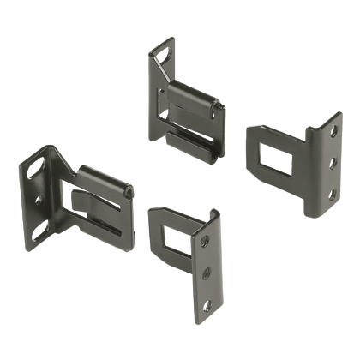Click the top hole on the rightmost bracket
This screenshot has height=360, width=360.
[x=333, y=132]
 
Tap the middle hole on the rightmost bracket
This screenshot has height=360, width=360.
[x=332, y=163]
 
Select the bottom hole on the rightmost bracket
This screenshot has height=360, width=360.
[x=331, y=194]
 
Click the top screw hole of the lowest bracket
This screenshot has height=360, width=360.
[x=204, y=242]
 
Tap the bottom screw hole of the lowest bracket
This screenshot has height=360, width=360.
[x=206, y=304]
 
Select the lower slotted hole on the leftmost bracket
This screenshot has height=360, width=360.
[x=40, y=230]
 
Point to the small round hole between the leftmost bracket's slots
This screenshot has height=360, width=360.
[x=37, y=200]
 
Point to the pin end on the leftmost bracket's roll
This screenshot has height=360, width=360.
[x=129, y=194]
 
